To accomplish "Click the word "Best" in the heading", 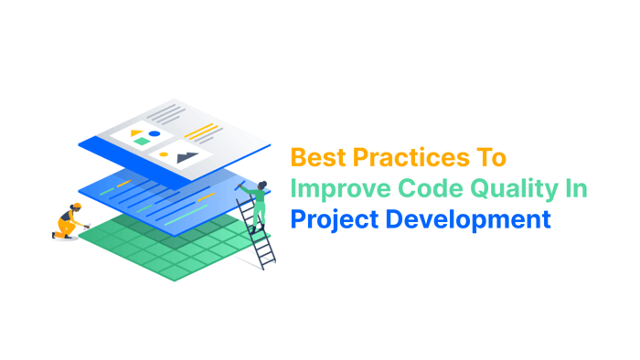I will [318, 158].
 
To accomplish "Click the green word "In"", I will [575, 188].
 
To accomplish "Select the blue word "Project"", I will [334, 220].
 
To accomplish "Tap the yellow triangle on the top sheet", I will [136, 133].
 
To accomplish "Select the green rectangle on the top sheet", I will [144, 143].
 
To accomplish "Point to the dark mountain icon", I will [187, 157].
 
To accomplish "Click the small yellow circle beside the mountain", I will [164, 155].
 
